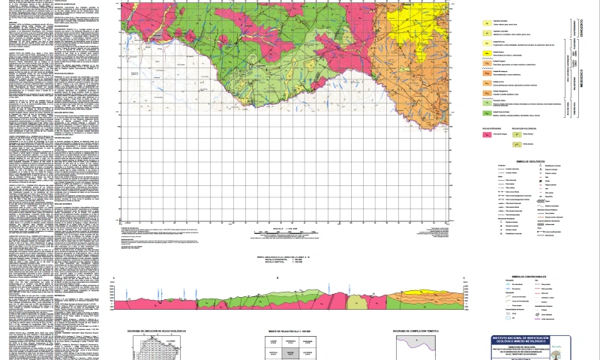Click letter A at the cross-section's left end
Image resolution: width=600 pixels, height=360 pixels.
[x=113, y=278]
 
